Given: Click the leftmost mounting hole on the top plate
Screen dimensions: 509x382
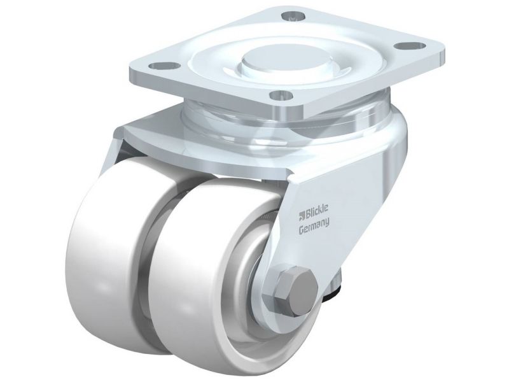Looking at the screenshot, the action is [165, 66].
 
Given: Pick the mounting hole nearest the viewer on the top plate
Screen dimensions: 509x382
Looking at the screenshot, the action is [281, 95].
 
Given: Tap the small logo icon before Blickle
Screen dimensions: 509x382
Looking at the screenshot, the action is [301, 213].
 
